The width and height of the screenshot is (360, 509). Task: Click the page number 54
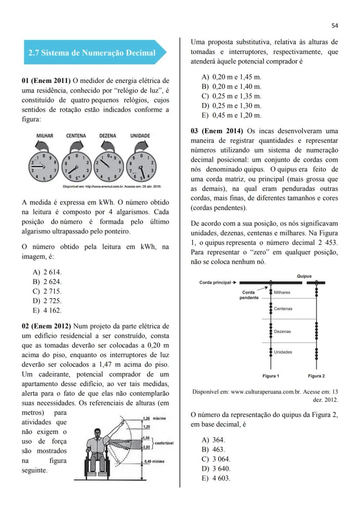coord(334,26)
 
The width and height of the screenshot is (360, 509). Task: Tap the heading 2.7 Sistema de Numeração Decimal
coord(92,53)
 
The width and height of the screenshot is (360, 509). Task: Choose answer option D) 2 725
coord(47,301)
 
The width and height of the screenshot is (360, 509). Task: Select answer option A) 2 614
coord(47,272)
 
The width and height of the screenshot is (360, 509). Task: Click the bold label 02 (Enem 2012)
coord(47,326)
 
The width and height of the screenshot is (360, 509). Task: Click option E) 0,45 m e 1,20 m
coord(232,115)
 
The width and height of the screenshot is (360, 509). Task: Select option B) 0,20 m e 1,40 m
coord(232,86)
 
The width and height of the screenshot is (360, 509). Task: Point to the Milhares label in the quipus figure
coord(282,293)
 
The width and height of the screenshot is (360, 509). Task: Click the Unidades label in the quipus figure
coord(283,352)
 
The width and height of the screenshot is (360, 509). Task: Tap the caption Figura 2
coord(316,376)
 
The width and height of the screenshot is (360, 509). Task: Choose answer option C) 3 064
coord(216,459)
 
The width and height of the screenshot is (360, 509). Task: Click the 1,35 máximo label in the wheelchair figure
coord(154,418)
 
